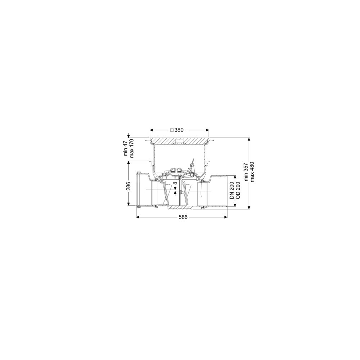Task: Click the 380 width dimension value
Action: (179, 130)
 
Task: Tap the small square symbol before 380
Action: (171, 130)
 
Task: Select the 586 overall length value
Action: (183, 217)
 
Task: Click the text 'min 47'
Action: (126, 149)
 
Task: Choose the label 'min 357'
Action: (246, 172)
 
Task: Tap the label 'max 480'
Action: (252, 172)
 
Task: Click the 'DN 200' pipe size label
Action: (232, 190)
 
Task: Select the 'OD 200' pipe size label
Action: (238, 190)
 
